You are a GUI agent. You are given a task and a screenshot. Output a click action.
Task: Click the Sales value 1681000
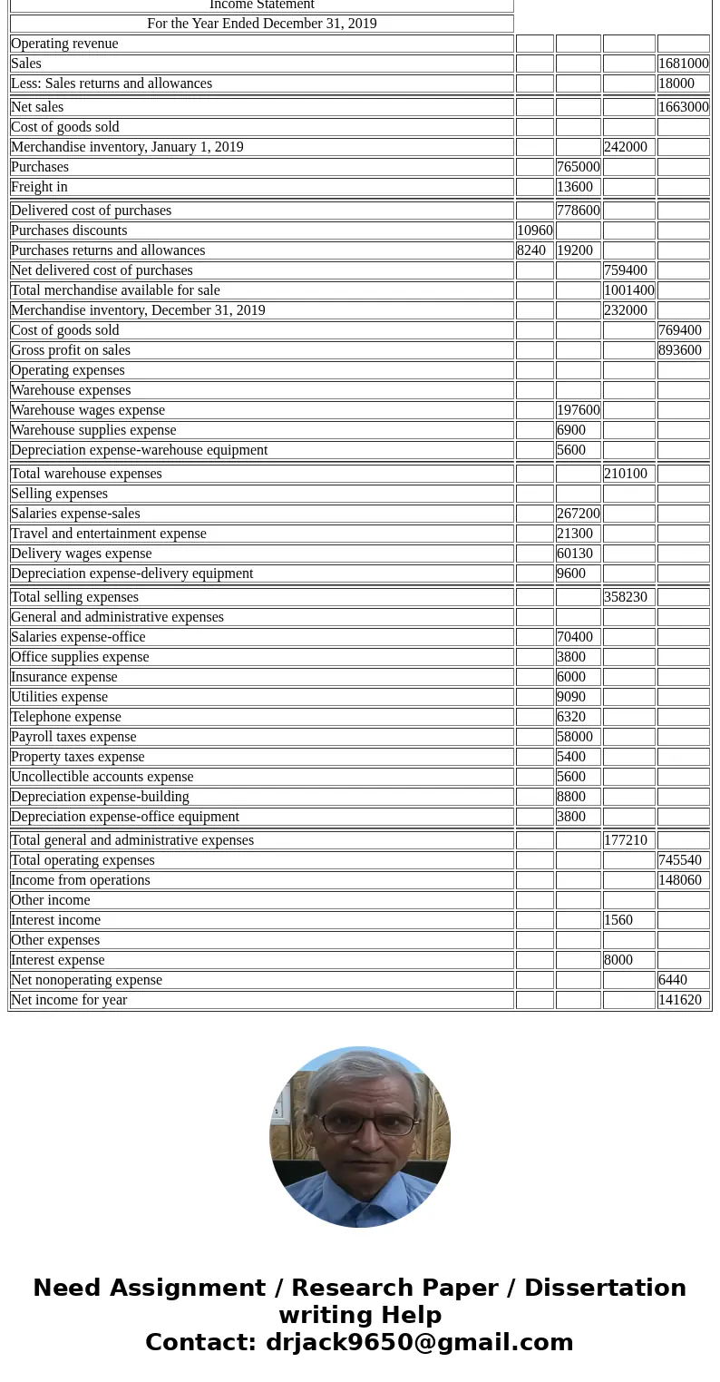(683, 64)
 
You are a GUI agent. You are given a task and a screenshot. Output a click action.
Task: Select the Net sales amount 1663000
(683, 107)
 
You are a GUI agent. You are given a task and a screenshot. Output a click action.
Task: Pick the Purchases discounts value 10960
(534, 230)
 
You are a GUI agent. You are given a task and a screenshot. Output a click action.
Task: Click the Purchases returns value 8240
(531, 250)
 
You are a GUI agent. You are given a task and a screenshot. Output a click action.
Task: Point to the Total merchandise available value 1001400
(628, 290)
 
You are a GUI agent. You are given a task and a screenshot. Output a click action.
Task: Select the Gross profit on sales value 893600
(680, 350)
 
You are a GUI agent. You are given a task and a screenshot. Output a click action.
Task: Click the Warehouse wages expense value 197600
(578, 410)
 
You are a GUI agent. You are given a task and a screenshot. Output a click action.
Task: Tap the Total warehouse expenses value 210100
(625, 474)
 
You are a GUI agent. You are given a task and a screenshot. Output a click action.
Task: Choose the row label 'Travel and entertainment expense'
(109, 534)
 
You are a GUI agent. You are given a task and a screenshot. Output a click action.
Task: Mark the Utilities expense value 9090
(571, 697)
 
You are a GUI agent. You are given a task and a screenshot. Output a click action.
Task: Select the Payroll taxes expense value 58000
(575, 737)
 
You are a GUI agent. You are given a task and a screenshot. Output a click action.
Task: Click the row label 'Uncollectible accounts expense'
(102, 777)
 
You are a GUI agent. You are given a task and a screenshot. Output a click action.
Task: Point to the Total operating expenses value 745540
(680, 860)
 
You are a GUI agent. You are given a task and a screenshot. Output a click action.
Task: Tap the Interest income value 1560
(618, 920)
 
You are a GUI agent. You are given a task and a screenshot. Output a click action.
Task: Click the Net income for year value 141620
(680, 1000)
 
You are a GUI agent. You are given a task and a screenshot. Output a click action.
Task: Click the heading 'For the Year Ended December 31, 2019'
(261, 24)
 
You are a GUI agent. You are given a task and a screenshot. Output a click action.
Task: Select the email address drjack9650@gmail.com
(419, 1342)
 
